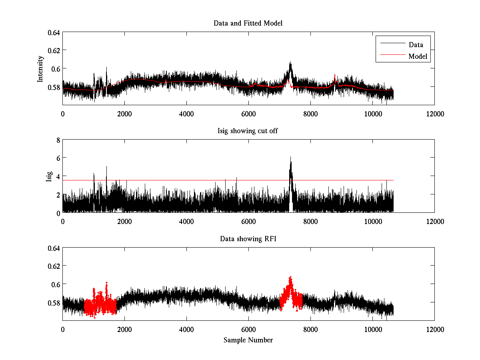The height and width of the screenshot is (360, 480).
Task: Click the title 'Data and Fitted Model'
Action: tap(248, 23)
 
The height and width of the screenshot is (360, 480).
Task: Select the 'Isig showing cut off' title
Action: tap(248, 131)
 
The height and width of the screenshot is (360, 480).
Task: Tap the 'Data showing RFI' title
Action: tap(248, 239)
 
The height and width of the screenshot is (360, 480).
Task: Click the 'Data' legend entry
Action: tap(416, 44)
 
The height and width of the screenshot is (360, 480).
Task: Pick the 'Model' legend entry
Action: tap(418, 56)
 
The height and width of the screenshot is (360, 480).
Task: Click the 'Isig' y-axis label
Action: tap(49, 176)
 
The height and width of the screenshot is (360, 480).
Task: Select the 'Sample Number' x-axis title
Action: tap(248, 340)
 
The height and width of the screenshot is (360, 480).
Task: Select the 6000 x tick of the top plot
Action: tap(248, 114)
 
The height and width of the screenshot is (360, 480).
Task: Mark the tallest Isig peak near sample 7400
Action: tap(291, 157)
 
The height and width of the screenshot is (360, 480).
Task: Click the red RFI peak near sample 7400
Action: tap(290, 277)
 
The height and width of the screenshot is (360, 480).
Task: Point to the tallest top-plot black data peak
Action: tap(290, 62)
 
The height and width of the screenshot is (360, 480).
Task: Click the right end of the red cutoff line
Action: tap(394, 180)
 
